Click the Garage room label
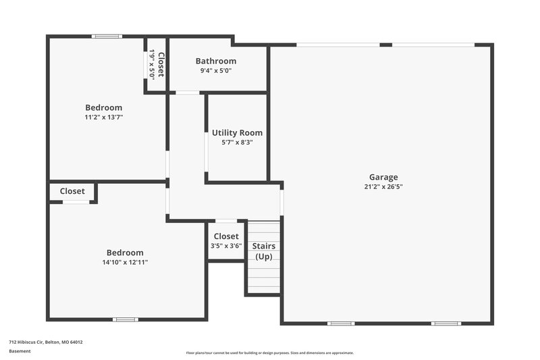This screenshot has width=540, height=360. [383, 177]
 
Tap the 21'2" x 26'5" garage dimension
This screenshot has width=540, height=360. [383, 187]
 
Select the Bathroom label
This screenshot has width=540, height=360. [215, 61]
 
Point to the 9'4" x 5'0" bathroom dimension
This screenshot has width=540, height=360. [215, 71]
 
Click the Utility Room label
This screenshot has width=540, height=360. [237, 132]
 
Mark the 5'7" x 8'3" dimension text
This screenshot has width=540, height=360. [237, 143]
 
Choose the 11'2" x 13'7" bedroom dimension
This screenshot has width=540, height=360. [103, 117]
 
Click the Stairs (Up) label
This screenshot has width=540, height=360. [263, 251]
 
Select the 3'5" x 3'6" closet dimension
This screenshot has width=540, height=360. [226, 246]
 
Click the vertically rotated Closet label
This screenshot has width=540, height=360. [161, 64]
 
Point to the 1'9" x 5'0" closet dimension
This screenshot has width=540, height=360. [153, 64]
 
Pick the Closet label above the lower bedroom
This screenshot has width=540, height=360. [72, 191]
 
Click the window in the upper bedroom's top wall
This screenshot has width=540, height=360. [107, 36]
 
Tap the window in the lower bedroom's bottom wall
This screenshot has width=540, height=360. [125, 319]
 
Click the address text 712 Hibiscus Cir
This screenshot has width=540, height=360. [45, 342]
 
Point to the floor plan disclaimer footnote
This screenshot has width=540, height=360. [269, 353]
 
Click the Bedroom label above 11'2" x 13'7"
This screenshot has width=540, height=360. [103, 107]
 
